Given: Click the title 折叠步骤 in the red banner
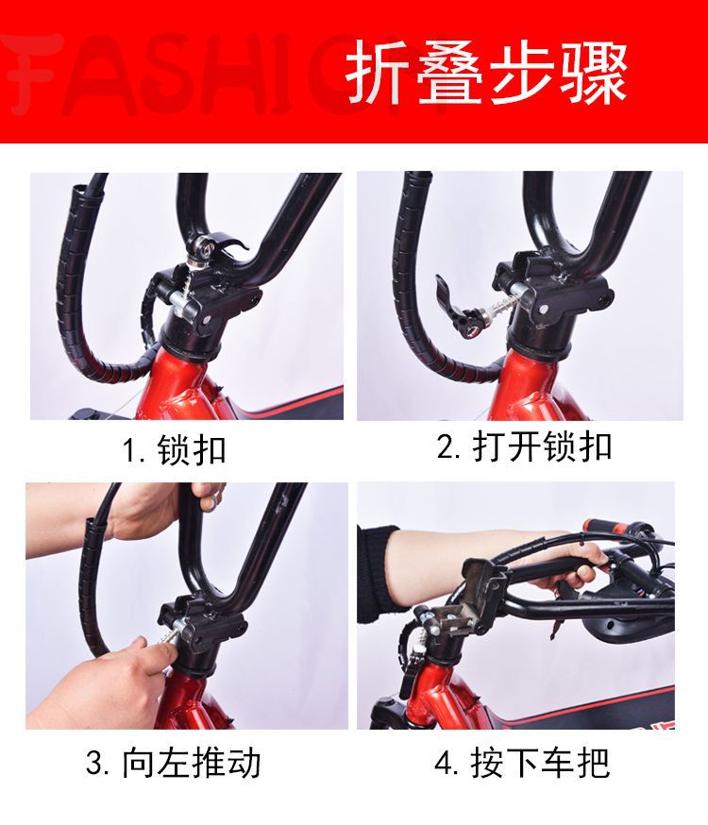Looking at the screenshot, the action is point(487,73).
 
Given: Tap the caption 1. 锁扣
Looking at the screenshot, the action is point(174,450).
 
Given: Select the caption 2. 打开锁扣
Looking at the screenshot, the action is point(525,446).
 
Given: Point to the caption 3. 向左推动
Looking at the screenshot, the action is point(174,763).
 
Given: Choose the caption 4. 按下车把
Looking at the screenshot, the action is point(522,763).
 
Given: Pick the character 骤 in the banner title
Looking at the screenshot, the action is point(595,73).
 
